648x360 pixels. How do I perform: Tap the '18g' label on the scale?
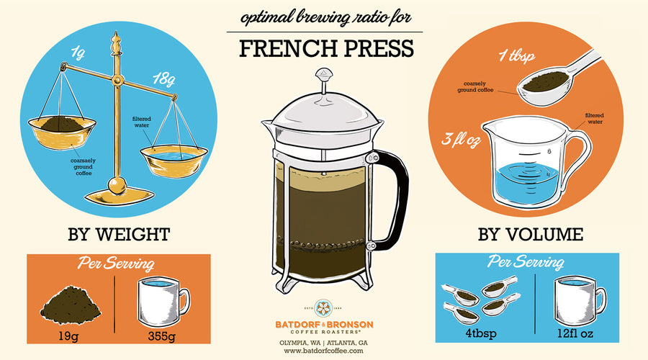(163, 79)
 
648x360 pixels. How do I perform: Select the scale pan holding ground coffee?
(62, 132)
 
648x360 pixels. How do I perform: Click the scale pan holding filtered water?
(174, 160)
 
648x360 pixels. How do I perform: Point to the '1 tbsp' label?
(516, 55)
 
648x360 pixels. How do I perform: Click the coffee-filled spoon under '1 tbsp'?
(554, 83)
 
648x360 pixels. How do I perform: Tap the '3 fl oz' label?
(461, 139)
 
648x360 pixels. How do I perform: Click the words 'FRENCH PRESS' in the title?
(326, 49)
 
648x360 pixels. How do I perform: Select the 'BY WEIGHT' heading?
(119, 234)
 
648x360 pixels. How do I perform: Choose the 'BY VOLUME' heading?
(531, 234)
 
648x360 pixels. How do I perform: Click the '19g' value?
(68, 336)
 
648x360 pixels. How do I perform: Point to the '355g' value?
(161, 336)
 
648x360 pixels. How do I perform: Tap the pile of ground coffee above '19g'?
(71, 305)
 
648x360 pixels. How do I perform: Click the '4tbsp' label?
(481, 333)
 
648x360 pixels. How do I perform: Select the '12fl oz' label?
(575, 333)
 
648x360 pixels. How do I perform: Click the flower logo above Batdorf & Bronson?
(323, 308)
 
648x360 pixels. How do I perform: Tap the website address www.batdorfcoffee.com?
(323, 351)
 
